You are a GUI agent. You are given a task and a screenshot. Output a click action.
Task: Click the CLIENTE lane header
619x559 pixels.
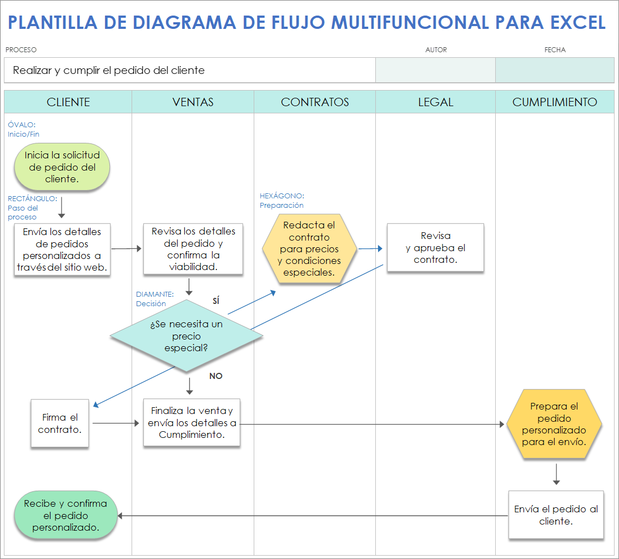pos(68,102)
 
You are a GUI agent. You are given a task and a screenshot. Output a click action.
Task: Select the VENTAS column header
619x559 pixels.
pos(193,102)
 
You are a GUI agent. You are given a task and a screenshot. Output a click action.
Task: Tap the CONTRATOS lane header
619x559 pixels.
pos(315,102)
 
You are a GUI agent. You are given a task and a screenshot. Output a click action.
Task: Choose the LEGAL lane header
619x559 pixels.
pos(435,102)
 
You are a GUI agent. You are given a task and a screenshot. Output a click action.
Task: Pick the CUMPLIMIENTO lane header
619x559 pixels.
pos(555,102)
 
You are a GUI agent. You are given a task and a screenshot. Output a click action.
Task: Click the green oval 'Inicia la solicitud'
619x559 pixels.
pos(62,167)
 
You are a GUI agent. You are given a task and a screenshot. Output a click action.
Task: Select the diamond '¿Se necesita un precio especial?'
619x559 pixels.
pos(187,336)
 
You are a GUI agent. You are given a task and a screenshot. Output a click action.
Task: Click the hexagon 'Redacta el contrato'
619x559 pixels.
pos(309,248)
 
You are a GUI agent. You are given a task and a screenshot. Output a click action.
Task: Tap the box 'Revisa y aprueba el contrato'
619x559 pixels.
pos(435,248)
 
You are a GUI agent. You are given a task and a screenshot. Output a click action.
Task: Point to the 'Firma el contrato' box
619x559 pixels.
pos(60,423)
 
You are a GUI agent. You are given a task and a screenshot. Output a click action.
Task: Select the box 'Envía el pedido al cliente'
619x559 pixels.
pos(556,515)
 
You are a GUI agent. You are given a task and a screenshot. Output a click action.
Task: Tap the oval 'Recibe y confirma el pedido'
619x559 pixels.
pos(66,516)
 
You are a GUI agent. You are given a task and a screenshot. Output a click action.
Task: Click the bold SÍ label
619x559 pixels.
pos(216,301)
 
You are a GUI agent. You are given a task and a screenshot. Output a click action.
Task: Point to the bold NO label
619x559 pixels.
pos(215,376)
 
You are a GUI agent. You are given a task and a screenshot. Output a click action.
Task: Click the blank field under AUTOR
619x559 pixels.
pos(435,71)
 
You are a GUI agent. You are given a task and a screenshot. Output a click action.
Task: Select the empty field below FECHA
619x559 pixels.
pos(555,71)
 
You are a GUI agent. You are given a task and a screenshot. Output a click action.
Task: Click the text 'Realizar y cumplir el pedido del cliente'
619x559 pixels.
pos(109,71)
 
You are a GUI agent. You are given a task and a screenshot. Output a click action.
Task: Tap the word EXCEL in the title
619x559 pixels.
pos(578,23)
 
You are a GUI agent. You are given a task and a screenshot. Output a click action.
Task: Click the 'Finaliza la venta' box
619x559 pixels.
pos(192,423)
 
